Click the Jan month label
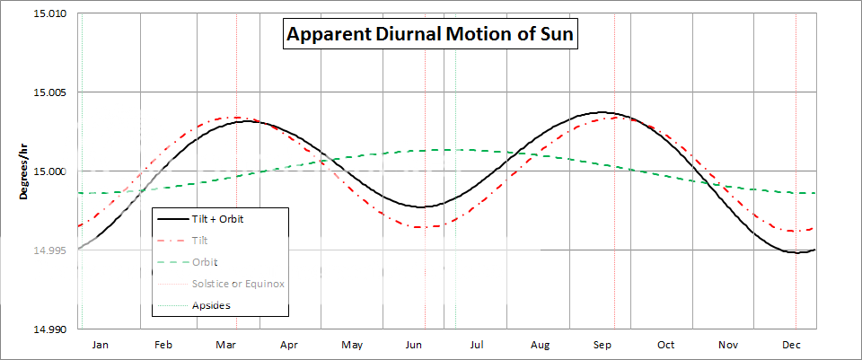click(101, 344)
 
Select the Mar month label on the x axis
click(225, 344)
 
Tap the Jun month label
click(414, 344)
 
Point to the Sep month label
click(603, 344)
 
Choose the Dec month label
click(791, 344)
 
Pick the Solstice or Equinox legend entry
click(238, 284)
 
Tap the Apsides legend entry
click(213, 305)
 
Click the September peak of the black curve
click(603, 112)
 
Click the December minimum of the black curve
click(796, 252)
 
